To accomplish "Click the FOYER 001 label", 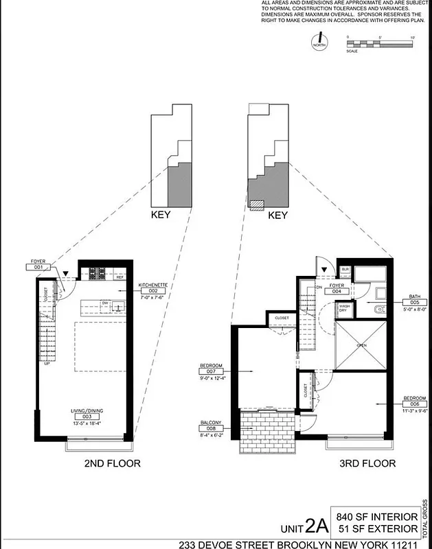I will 38,265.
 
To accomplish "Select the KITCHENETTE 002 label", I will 154,290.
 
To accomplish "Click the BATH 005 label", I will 415,302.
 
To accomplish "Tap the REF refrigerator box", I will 119,277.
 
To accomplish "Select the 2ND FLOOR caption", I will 112,464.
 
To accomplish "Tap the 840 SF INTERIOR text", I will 376,516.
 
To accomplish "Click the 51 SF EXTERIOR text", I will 376,528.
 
